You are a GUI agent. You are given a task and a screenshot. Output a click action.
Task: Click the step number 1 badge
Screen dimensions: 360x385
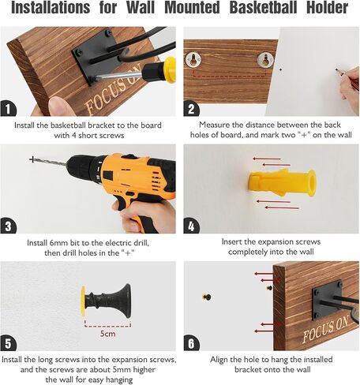point(8,108)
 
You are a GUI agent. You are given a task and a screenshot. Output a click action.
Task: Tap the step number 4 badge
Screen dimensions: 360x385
point(191,226)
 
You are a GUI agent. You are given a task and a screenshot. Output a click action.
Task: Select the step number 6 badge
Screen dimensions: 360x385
point(191,343)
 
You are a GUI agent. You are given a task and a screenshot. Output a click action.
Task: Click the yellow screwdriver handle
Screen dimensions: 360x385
point(169,69)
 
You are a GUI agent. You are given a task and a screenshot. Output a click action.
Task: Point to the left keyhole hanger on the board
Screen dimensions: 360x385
point(193,60)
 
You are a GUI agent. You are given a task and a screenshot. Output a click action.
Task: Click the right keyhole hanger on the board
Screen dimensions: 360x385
point(265,60)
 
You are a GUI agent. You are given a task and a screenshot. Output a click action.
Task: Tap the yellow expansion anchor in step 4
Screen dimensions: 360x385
point(282,183)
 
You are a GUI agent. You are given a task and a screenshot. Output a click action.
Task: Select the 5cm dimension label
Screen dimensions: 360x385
point(108,334)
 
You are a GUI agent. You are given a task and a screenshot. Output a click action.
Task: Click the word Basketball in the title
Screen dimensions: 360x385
point(263,7)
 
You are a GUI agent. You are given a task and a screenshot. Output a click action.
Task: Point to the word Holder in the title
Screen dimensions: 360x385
point(328,7)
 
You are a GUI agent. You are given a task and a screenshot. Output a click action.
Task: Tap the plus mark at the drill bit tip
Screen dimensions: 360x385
point(32,159)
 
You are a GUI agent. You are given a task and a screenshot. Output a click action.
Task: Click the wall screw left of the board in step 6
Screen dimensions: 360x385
point(207,297)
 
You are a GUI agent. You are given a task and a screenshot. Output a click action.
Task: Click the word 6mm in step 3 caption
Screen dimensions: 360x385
point(60,242)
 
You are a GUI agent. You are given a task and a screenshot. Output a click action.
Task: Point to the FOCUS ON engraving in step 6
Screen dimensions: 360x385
point(325,329)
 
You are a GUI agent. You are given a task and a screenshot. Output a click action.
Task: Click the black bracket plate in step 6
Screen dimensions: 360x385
point(327,300)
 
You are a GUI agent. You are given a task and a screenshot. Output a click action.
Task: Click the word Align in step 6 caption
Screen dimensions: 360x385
point(219,360)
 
